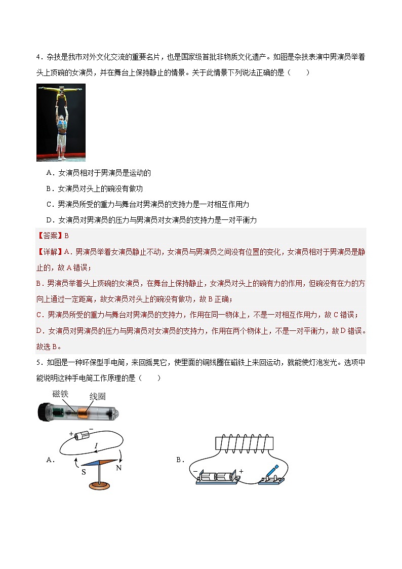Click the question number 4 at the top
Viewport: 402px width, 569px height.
[x=38, y=57]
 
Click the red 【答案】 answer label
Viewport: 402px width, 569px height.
[x=49, y=236]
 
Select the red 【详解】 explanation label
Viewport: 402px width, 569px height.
[x=49, y=252]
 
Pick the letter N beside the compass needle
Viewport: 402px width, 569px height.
[x=119, y=468]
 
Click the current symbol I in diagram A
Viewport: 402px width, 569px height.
[x=96, y=445]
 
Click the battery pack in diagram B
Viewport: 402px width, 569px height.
[x=216, y=477]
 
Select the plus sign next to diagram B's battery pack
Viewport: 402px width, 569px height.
[x=241, y=471]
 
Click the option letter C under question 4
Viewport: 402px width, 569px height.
[x=49, y=205]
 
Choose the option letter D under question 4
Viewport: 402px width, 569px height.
[x=49, y=220]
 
